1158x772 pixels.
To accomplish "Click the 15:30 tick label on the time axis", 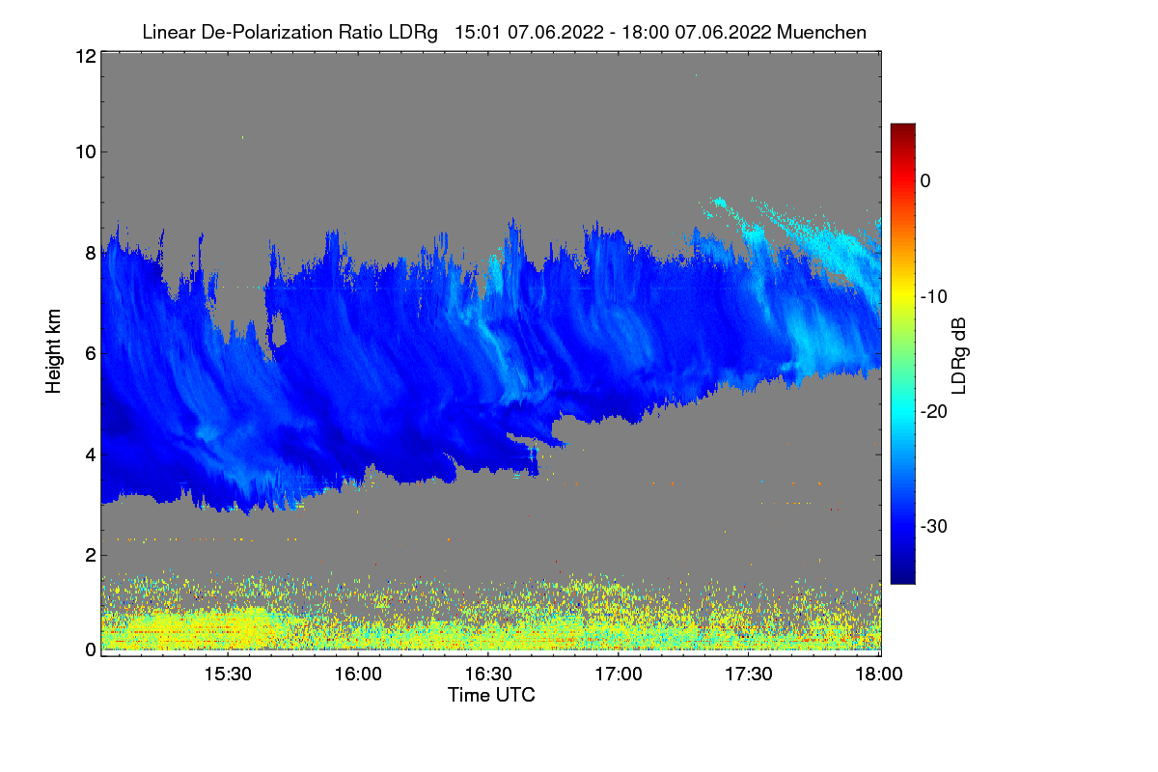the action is point(228,675).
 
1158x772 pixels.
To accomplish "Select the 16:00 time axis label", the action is point(358,675).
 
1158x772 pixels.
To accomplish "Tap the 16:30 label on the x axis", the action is point(488,675).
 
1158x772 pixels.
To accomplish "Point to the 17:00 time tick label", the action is point(619,675).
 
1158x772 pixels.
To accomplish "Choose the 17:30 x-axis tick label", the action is point(749,675).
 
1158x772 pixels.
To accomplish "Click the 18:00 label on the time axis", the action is point(879,675).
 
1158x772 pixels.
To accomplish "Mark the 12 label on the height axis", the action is point(86,56).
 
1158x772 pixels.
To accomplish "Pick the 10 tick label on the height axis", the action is point(86,152).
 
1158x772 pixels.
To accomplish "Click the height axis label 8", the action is point(91,254).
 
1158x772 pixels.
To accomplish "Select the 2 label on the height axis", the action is point(91,555).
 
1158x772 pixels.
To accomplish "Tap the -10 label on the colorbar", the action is point(934,297).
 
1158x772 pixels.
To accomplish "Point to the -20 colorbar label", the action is point(934,412).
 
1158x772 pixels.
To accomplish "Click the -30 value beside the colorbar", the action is point(934,526).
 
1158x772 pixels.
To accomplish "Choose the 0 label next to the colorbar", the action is point(925,181).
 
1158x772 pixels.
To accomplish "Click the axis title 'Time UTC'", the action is point(491,695).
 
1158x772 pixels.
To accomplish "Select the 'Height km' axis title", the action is point(53,351).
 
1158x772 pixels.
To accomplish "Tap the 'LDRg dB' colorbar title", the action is point(959,356).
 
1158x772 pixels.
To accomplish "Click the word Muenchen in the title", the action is point(821,32).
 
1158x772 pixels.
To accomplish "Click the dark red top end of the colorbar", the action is point(902,125).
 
